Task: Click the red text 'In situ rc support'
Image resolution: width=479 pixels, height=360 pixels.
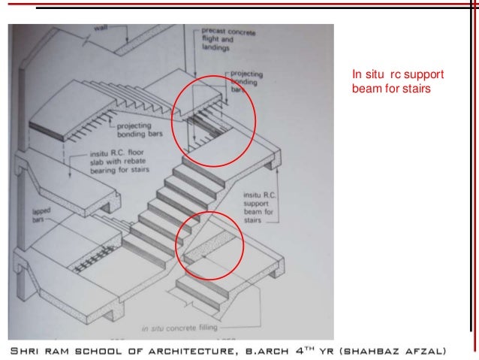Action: coord(398,75)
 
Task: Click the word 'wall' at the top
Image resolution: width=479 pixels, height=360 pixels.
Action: coord(100,29)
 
